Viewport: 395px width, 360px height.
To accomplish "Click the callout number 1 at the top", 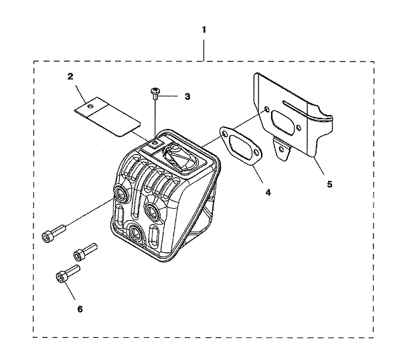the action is click(204, 29).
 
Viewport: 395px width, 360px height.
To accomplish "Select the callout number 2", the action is click(70, 76).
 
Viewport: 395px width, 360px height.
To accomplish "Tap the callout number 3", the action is click(187, 96).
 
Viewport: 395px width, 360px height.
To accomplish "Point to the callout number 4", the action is click(268, 193).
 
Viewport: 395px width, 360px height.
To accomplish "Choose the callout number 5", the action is click(329, 184).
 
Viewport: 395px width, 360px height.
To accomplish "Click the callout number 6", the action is click(80, 309).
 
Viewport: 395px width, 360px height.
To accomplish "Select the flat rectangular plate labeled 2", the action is click(108, 116).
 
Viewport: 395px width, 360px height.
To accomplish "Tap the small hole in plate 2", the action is click(90, 106).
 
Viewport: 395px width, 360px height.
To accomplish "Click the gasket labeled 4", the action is click(241, 146).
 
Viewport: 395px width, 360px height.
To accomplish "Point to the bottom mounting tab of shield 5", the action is click(281, 149).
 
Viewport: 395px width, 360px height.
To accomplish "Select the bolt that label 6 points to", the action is click(68, 274).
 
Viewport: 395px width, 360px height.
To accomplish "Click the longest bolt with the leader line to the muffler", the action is click(54, 233).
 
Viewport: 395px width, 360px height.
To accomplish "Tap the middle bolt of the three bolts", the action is click(85, 252).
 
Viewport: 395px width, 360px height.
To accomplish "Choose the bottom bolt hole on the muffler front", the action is click(135, 232).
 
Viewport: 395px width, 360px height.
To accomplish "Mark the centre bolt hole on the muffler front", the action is click(152, 211).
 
